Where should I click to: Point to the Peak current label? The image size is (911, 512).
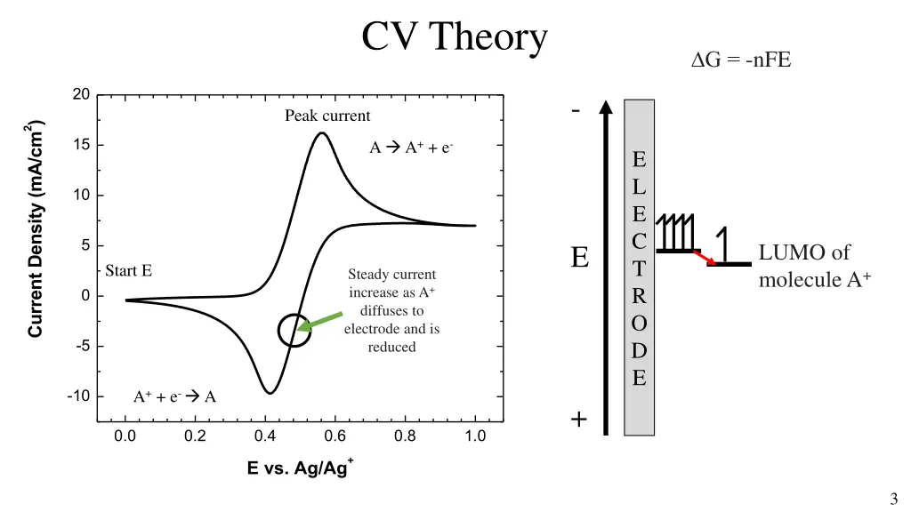(327, 116)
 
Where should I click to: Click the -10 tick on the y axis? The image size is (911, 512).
(77, 396)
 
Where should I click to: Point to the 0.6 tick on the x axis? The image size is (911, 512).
(335, 436)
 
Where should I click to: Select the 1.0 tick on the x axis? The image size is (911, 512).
(475, 436)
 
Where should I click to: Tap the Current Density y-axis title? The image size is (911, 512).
(36, 228)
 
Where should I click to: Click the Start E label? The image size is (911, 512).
(128, 270)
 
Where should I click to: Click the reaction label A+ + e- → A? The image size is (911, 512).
(174, 396)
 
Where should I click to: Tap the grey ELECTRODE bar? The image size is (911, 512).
(639, 267)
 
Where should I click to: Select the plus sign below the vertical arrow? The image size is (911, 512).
(579, 420)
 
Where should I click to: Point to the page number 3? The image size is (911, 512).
(893, 499)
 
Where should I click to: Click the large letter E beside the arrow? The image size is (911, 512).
(580, 259)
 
